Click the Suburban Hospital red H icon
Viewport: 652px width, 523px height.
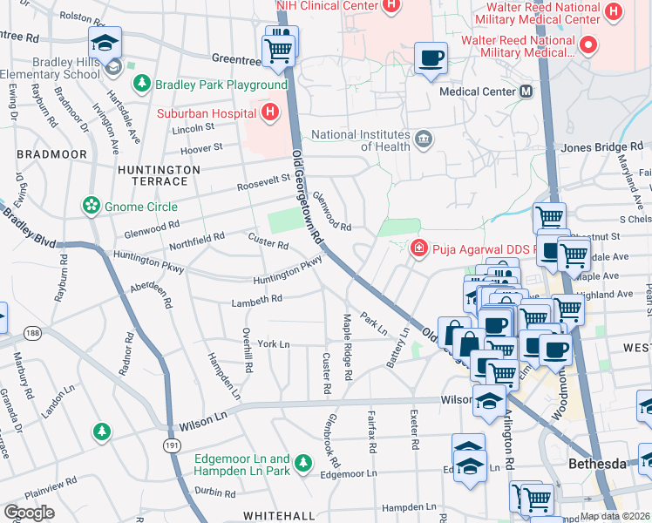(270, 112)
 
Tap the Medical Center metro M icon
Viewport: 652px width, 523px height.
(526, 91)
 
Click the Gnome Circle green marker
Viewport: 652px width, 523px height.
(90, 206)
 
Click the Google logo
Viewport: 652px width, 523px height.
(30, 512)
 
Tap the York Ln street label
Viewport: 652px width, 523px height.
(274, 344)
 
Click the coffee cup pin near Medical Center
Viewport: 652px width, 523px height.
(431, 59)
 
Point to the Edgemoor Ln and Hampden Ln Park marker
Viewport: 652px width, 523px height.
(303, 462)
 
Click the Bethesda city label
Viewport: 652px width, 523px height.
(597, 464)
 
